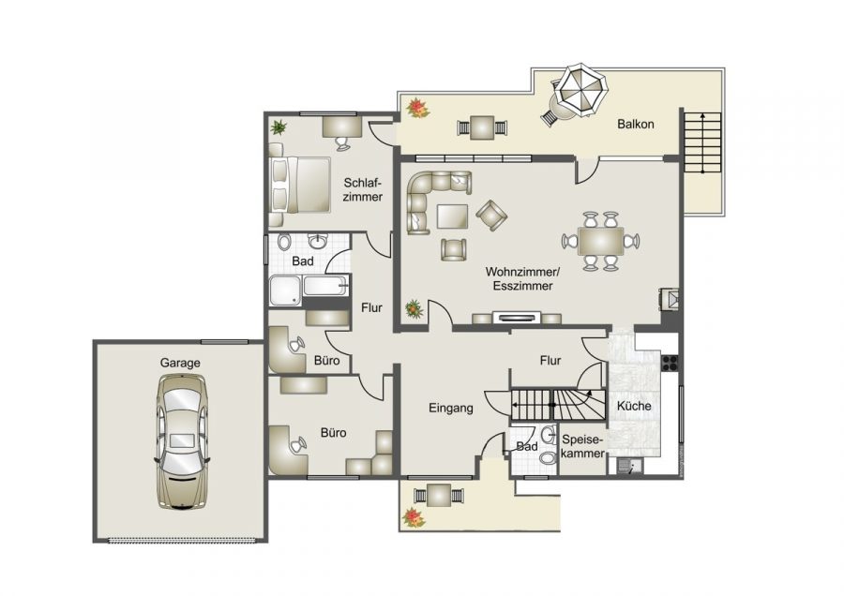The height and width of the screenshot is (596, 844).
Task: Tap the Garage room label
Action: click(x=180, y=363)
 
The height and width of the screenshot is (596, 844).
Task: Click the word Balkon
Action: click(x=635, y=125)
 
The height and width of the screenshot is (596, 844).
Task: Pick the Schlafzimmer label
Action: click(x=362, y=190)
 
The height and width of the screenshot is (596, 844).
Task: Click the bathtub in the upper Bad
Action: click(x=309, y=290)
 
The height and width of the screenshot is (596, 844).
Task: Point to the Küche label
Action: click(x=633, y=407)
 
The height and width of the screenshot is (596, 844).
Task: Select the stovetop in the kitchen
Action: click(x=670, y=364)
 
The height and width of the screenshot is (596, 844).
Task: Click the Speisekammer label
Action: click(x=583, y=446)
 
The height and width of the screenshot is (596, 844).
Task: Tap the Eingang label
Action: click(x=450, y=408)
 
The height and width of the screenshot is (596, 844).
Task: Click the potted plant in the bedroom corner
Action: click(x=279, y=126)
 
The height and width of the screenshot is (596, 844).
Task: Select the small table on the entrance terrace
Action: click(x=437, y=495)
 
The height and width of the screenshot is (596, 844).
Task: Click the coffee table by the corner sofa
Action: click(x=452, y=216)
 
